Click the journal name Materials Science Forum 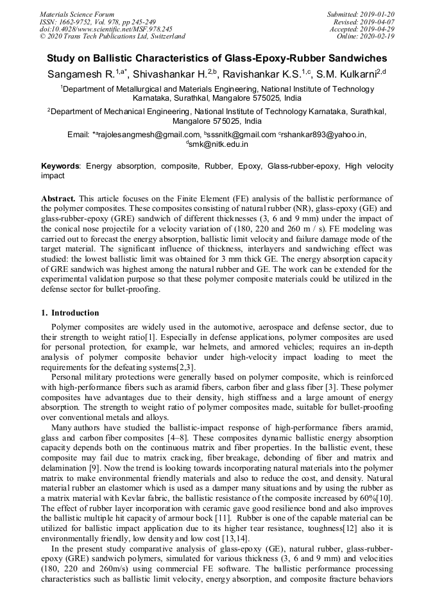[x=77, y=13]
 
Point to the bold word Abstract [x=58, y=199]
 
